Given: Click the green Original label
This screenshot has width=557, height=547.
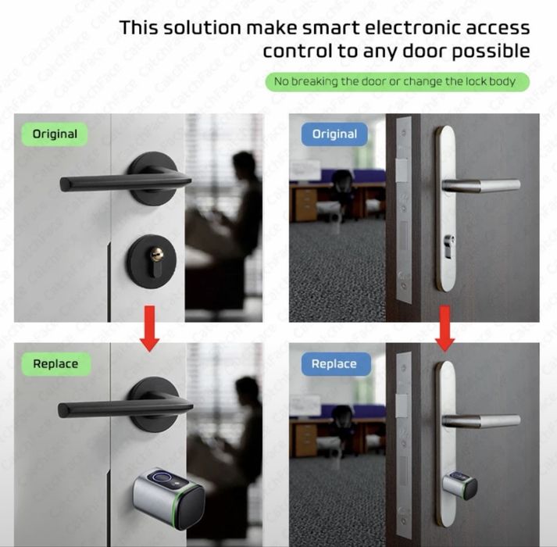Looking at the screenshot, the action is pos(55,134).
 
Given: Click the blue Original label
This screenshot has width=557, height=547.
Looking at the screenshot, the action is pos(334,134).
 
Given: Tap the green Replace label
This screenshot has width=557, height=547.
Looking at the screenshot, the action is pos(55,364).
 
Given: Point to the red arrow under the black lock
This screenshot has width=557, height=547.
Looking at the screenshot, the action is pos(149,328).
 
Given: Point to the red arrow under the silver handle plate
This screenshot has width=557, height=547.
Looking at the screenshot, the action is pos(445,328).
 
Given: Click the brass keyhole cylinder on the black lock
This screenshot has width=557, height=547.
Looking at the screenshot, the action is pos(155,254).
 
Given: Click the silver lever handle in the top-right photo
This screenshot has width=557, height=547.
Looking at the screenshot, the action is pos(480,185).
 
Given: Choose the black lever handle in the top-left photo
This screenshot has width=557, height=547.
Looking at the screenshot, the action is pos(126,181).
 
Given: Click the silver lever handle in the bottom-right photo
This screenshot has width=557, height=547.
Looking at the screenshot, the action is pos(480,421).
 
